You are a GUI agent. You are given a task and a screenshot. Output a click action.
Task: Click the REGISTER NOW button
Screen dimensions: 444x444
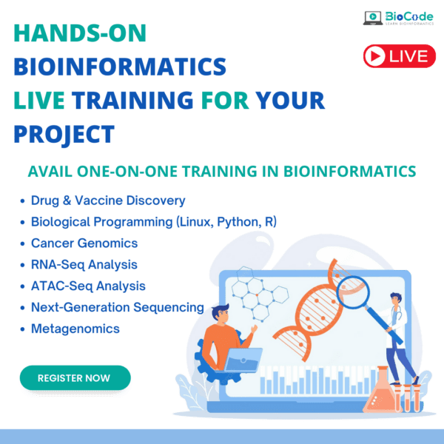click(74, 377)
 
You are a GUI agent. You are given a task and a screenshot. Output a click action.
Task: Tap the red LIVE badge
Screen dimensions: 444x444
click(399, 55)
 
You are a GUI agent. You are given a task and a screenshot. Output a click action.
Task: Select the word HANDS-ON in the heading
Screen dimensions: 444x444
click(80, 34)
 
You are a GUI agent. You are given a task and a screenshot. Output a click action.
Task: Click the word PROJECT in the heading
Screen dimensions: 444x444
click(64, 134)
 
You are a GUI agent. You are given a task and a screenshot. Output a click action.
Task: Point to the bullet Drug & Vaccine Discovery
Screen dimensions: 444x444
click(108, 200)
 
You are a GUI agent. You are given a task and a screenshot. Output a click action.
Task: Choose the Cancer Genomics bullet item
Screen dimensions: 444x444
click(84, 243)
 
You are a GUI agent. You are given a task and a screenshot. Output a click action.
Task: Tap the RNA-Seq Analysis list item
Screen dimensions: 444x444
click(84, 264)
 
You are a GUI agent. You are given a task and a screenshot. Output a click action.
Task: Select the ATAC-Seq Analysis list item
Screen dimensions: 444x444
click(88, 286)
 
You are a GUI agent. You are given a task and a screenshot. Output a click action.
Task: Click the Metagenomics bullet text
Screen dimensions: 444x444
click(75, 328)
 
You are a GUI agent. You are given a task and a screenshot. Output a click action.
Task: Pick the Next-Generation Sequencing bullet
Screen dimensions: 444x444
click(117, 306)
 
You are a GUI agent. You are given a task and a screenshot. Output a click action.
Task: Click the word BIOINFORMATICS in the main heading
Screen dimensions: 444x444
click(120, 67)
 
